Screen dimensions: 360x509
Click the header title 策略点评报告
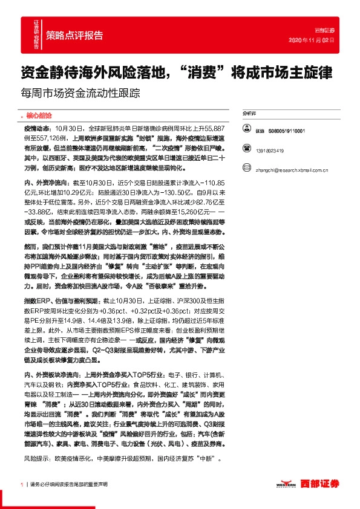pos(74,34)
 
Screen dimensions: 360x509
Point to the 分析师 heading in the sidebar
pos(250,113)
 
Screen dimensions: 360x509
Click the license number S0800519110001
pos(287,130)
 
